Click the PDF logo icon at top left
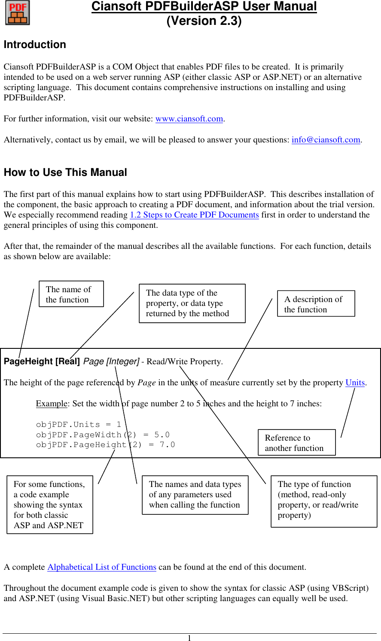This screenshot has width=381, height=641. click(18, 13)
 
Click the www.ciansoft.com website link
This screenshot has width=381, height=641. click(189, 119)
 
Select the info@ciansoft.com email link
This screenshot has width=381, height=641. click(326, 140)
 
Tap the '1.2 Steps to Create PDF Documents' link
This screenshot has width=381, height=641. click(194, 215)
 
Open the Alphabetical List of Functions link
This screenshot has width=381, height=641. click(102, 567)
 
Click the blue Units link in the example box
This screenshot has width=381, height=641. click(355, 383)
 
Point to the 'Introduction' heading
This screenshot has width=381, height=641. click(35, 45)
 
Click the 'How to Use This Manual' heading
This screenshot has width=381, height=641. click(65, 172)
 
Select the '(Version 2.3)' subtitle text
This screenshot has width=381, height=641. click(204, 21)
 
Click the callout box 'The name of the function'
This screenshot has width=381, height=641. click(71, 294)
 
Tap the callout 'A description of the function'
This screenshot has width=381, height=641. click(316, 304)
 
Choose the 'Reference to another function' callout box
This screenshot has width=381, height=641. click(296, 443)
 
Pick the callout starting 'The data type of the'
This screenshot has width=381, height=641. click(192, 303)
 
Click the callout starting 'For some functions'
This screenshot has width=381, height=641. click(50, 505)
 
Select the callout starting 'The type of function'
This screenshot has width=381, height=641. click(323, 500)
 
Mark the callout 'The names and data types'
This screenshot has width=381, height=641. click(195, 495)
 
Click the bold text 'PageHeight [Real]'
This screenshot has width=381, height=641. click(42, 362)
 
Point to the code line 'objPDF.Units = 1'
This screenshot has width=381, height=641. click(79, 424)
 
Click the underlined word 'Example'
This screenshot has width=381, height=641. click(52, 404)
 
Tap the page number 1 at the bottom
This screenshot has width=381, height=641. click(189, 638)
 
